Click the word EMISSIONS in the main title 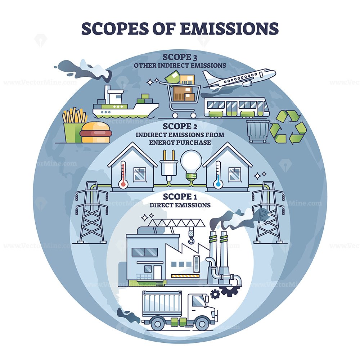229,29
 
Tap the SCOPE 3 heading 180,57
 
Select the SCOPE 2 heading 180,126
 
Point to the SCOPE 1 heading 180,197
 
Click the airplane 239,79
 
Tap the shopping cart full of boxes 180,94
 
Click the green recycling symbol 288,127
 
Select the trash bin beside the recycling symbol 258,131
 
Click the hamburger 96,132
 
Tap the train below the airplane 237,107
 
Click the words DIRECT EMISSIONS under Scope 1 180,205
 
